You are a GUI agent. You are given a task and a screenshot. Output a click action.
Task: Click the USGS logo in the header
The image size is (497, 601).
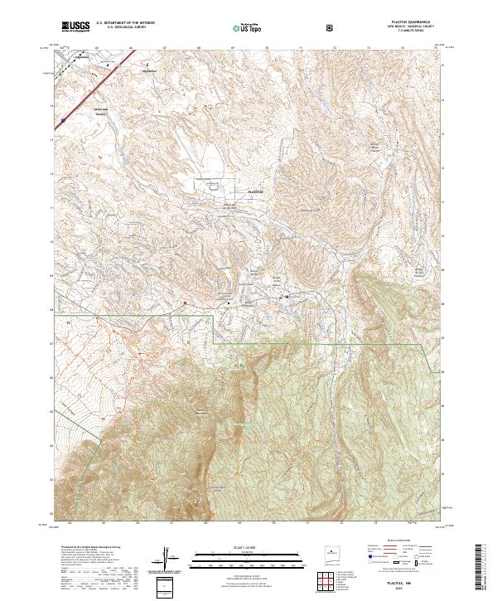point(76,27)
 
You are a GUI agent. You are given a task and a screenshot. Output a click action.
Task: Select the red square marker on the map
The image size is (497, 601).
point(184,303)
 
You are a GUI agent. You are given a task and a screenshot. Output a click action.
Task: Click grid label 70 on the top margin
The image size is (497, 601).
point(266,48)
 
